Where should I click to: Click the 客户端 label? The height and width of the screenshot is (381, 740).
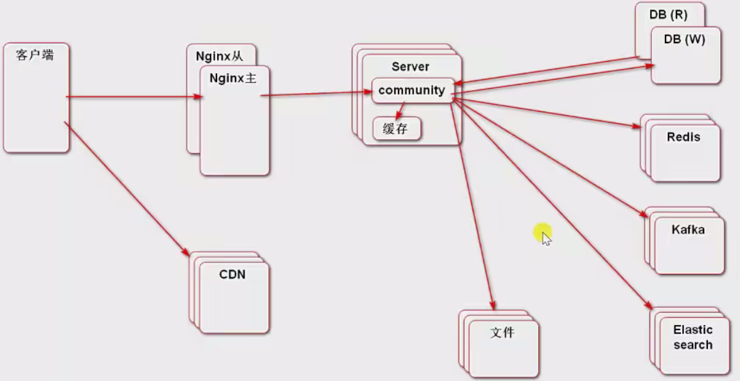tap(35, 55)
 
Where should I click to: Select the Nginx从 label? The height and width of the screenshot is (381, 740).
tap(220, 55)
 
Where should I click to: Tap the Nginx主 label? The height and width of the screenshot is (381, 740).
tap(233, 78)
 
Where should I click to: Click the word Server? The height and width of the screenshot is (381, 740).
tap(410, 66)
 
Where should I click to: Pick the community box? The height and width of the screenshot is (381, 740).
tap(412, 90)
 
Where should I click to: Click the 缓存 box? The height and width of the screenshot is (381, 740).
tap(396, 129)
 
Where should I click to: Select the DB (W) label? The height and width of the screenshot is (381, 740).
tap(684, 39)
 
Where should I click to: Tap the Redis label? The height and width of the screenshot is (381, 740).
tap(683, 137)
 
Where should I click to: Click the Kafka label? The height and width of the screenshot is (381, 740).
tap(688, 230)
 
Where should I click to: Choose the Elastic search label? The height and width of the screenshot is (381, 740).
tap(693, 337)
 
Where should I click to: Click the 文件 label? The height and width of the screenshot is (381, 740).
tap(502, 333)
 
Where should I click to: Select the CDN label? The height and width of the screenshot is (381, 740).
tap(233, 275)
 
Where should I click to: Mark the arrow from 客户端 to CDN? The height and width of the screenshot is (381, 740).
tap(126, 188)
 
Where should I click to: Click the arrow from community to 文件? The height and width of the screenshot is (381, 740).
tap(472, 203)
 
